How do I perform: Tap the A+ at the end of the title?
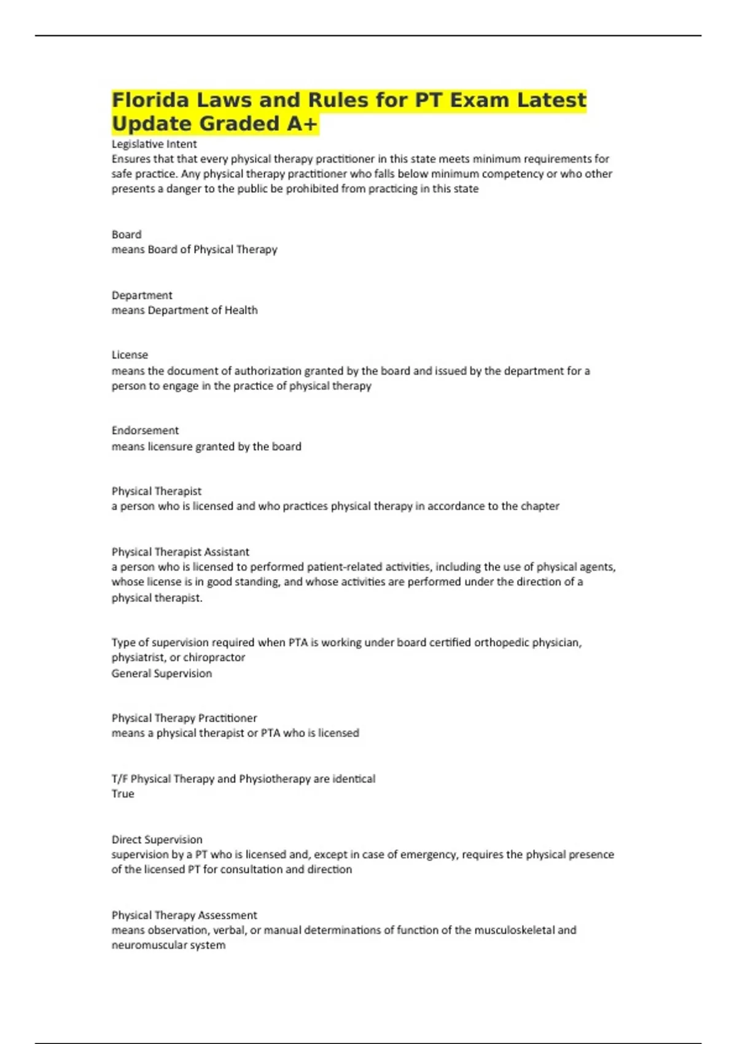click(x=302, y=124)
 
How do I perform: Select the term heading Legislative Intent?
click(x=154, y=144)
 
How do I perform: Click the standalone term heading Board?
click(x=127, y=235)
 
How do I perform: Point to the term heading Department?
click(x=142, y=295)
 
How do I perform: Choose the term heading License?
click(x=130, y=355)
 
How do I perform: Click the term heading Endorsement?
click(x=145, y=430)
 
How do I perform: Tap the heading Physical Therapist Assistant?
click(x=180, y=552)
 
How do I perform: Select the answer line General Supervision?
click(x=162, y=674)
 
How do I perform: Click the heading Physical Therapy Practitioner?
click(x=184, y=718)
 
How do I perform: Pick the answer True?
click(x=123, y=794)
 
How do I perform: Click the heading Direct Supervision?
click(x=157, y=839)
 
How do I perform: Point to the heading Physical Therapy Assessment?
click(x=184, y=915)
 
